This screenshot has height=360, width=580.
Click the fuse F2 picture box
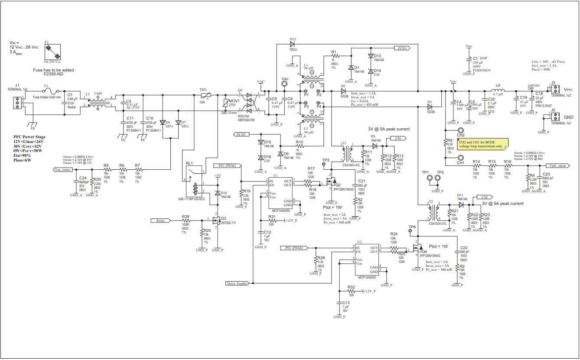[x=53, y=54]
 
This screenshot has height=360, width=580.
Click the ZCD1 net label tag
[x=401, y=48]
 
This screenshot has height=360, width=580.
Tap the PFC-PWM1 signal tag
[x=228, y=165]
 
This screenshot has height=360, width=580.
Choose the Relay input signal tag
[x=161, y=221]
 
